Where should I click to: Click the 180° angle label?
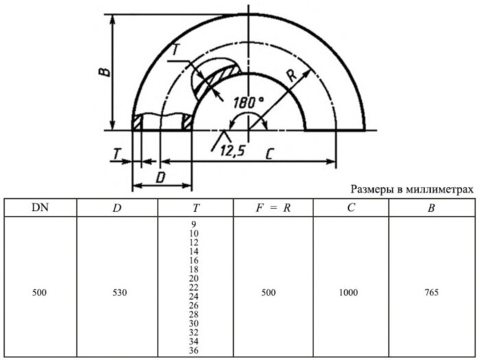[248, 101]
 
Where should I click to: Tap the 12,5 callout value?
[232, 152]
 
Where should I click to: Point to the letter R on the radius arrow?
[291, 77]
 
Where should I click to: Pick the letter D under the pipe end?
[160, 177]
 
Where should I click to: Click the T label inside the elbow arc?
[176, 49]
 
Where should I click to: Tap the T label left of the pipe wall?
[117, 155]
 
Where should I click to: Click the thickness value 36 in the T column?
[193, 350]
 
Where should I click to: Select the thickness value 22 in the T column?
[193, 287]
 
